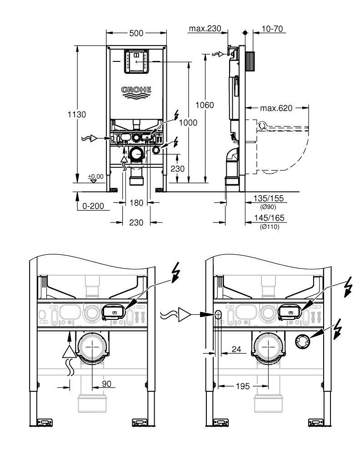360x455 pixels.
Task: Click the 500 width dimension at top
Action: [x=136, y=33]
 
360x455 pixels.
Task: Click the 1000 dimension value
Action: [x=188, y=122]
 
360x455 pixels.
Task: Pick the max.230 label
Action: [x=205, y=29]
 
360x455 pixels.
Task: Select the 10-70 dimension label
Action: [x=273, y=29]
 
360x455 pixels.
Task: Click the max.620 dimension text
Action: [x=276, y=108]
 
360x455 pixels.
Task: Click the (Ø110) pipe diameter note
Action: [x=269, y=227]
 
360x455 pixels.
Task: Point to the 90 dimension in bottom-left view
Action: [x=106, y=384]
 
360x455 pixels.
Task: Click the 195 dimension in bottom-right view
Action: [x=243, y=386]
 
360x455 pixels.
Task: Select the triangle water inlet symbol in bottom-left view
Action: [x=69, y=352]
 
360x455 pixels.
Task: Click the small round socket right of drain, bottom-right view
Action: [x=302, y=339]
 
